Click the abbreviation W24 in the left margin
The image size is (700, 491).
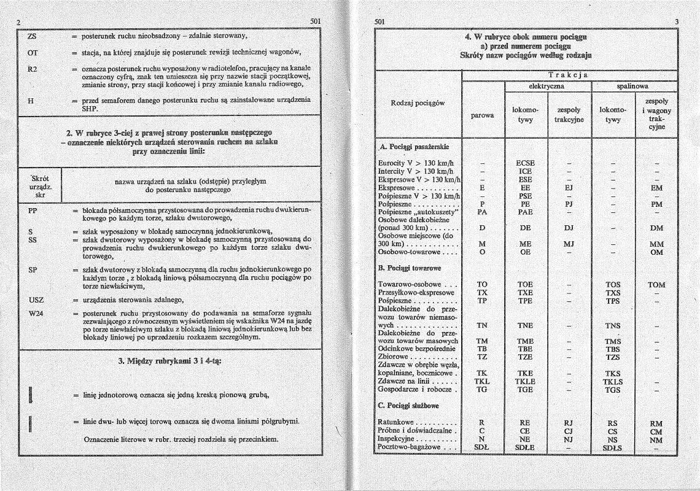[36, 314]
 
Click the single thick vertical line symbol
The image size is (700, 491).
[30, 393]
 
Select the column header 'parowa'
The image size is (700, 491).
[483, 114]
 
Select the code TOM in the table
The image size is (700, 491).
[656, 285]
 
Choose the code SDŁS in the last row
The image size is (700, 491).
[613, 448]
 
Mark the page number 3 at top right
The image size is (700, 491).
[676, 22]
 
